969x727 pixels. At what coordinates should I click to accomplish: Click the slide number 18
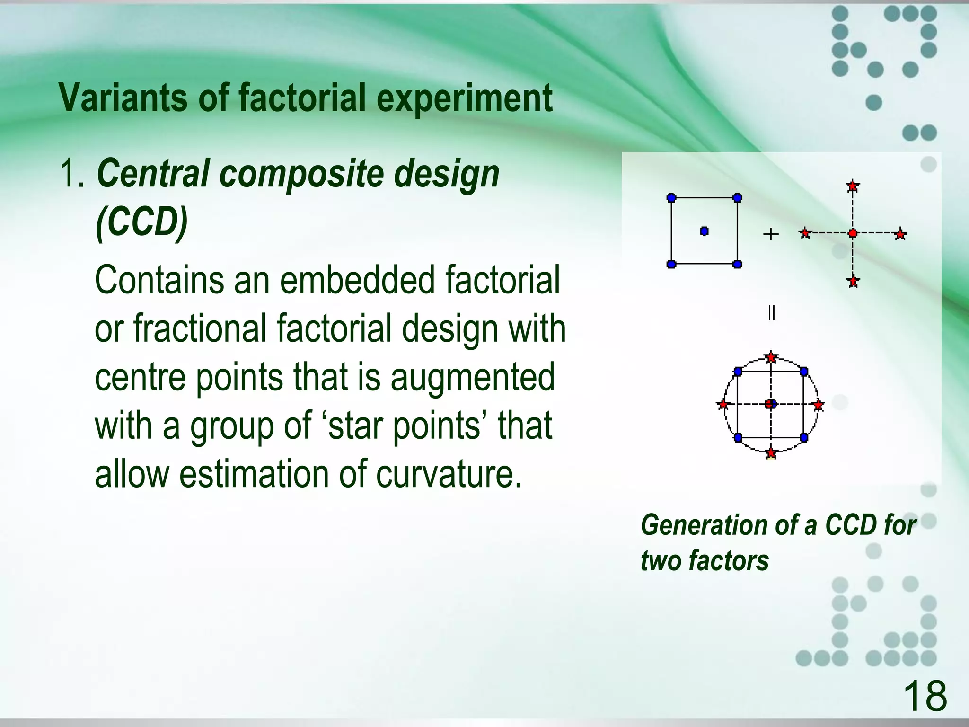coord(925,696)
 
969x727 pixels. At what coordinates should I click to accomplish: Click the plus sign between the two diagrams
coord(771,234)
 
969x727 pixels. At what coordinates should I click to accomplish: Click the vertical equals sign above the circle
coord(771,313)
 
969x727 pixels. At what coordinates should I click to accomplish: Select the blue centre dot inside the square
coord(704,231)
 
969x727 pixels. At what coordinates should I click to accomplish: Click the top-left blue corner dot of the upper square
coord(671,198)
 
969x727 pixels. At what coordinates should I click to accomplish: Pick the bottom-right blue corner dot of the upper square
coord(737,264)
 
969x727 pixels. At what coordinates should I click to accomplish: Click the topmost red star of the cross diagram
coord(853,186)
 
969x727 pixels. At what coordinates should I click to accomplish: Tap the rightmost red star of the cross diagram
coord(900,234)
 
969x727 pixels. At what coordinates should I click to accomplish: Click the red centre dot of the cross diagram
coord(853,233)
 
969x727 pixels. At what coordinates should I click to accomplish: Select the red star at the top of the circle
coord(771,357)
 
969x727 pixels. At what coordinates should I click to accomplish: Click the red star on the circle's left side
coord(722,404)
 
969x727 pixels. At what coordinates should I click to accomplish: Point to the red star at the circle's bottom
coord(771,453)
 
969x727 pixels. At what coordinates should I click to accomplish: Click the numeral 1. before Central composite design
coord(72,174)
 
